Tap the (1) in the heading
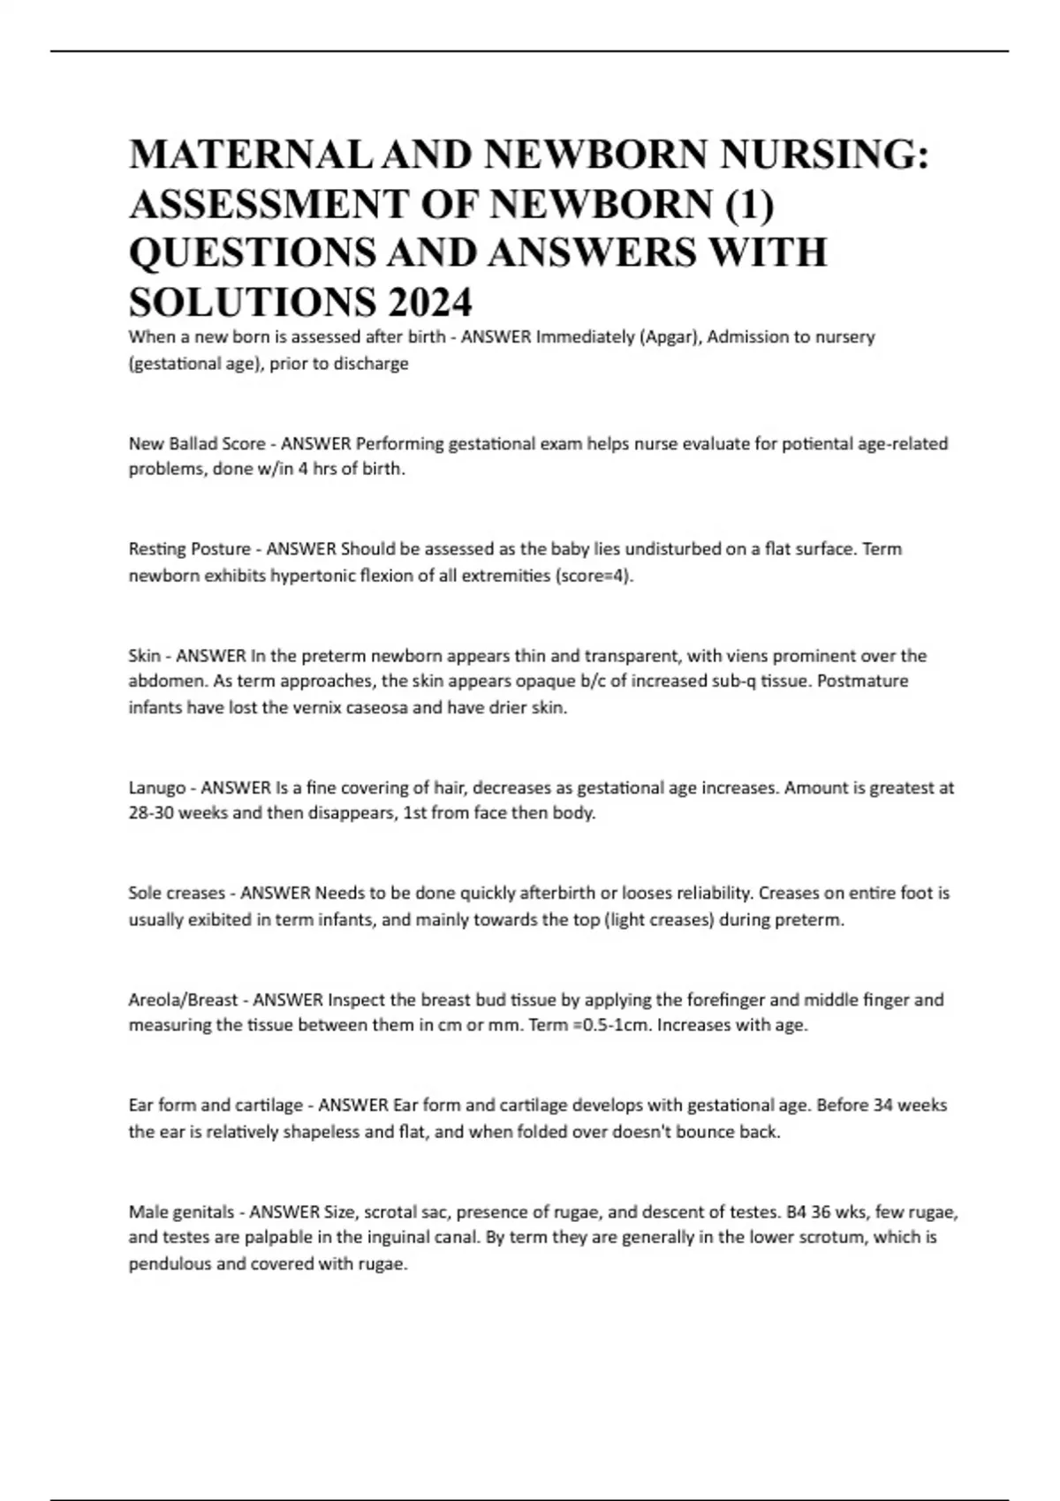(x=750, y=205)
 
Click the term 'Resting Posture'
(x=189, y=549)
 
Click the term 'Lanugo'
(x=157, y=788)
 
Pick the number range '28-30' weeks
(x=150, y=813)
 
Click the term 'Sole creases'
(x=177, y=894)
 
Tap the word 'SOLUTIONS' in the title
(x=251, y=303)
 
